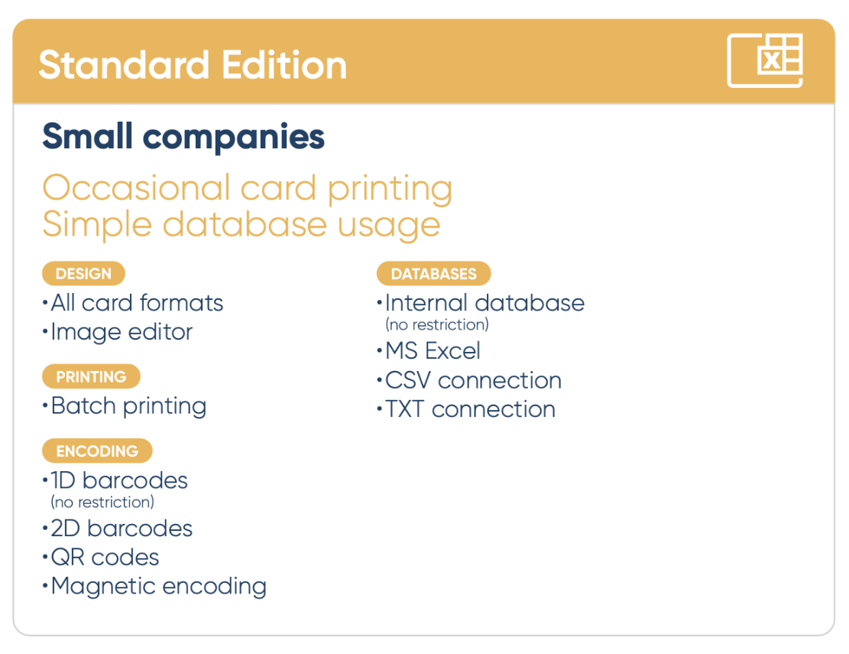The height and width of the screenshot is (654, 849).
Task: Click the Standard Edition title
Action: pyautogui.click(x=193, y=65)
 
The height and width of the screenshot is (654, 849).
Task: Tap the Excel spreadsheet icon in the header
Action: pyautogui.click(x=764, y=60)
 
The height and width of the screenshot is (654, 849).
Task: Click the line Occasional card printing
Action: pyautogui.click(x=248, y=189)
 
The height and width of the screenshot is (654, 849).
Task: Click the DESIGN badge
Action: pyautogui.click(x=83, y=274)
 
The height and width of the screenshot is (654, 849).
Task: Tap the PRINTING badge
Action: pyautogui.click(x=91, y=376)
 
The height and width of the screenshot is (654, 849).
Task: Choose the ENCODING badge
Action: pyautogui.click(x=97, y=451)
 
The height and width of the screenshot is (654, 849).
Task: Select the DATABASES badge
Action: pyautogui.click(x=434, y=274)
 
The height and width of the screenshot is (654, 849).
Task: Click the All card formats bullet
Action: pyautogui.click(x=133, y=303)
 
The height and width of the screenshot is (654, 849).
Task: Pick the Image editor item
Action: pyautogui.click(x=118, y=332)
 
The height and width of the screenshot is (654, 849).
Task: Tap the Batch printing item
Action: pyautogui.click(x=125, y=406)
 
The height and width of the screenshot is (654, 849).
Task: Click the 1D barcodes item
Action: pyautogui.click(x=115, y=480)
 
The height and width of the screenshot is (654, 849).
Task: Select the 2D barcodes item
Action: pyautogui.click(x=118, y=529)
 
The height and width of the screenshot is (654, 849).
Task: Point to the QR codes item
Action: pyautogui.click(x=101, y=558)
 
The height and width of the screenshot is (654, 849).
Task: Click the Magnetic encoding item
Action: pyautogui.click(x=155, y=587)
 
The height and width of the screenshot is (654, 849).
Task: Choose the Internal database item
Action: pyautogui.click(x=481, y=303)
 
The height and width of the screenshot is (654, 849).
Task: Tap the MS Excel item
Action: pyautogui.click(x=429, y=351)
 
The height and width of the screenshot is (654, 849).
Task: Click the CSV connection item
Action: pyautogui.click(x=469, y=380)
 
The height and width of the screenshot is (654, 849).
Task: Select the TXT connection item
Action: pyautogui.click(x=466, y=410)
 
